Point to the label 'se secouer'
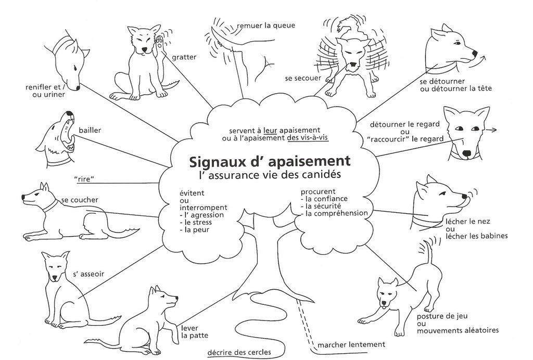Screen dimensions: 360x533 (x=302, y=78)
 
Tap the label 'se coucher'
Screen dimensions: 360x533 (x=79, y=200)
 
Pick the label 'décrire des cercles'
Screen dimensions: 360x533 (x=238, y=352)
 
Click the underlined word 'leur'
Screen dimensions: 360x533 (x=270, y=130)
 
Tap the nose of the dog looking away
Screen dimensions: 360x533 (x=474, y=54)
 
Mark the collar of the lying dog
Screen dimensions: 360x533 (x=50, y=205)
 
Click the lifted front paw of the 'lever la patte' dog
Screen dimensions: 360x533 (x=170, y=316)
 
